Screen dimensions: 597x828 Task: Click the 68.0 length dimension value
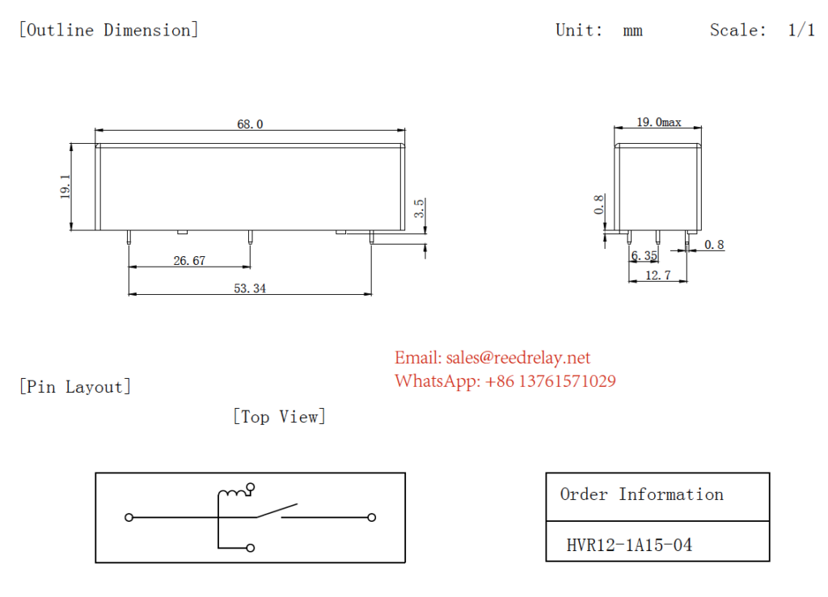click(250, 124)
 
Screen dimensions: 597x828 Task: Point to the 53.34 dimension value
click(249, 288)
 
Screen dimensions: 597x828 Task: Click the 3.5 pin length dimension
click(419, 208)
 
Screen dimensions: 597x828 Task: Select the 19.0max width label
click(658, 123)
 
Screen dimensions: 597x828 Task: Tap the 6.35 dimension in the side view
click(644, 256)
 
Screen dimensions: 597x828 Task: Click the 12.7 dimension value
click(658, 275)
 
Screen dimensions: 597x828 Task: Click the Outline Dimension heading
click(108, 31)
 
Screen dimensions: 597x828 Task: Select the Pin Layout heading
click(74, 387)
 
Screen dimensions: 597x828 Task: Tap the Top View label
click(279, 417)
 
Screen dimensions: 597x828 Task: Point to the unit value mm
click(632, 31)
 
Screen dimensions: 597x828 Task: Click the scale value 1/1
click(801, 31)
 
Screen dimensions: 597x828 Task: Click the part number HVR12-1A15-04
click(629, 545)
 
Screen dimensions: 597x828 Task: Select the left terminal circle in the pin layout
click(129, 517)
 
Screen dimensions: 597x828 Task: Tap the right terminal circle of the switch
click(372, 517)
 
